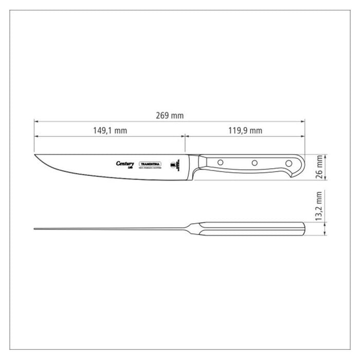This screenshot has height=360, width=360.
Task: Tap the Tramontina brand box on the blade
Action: point(150,164)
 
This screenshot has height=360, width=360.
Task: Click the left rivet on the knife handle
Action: point(221,163)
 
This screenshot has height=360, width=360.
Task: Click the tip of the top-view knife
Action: point(35,229)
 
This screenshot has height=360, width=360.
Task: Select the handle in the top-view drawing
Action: point(252,229)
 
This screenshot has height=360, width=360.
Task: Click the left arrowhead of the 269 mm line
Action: point(36,122)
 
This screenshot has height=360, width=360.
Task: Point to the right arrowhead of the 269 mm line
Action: point(303,122)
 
